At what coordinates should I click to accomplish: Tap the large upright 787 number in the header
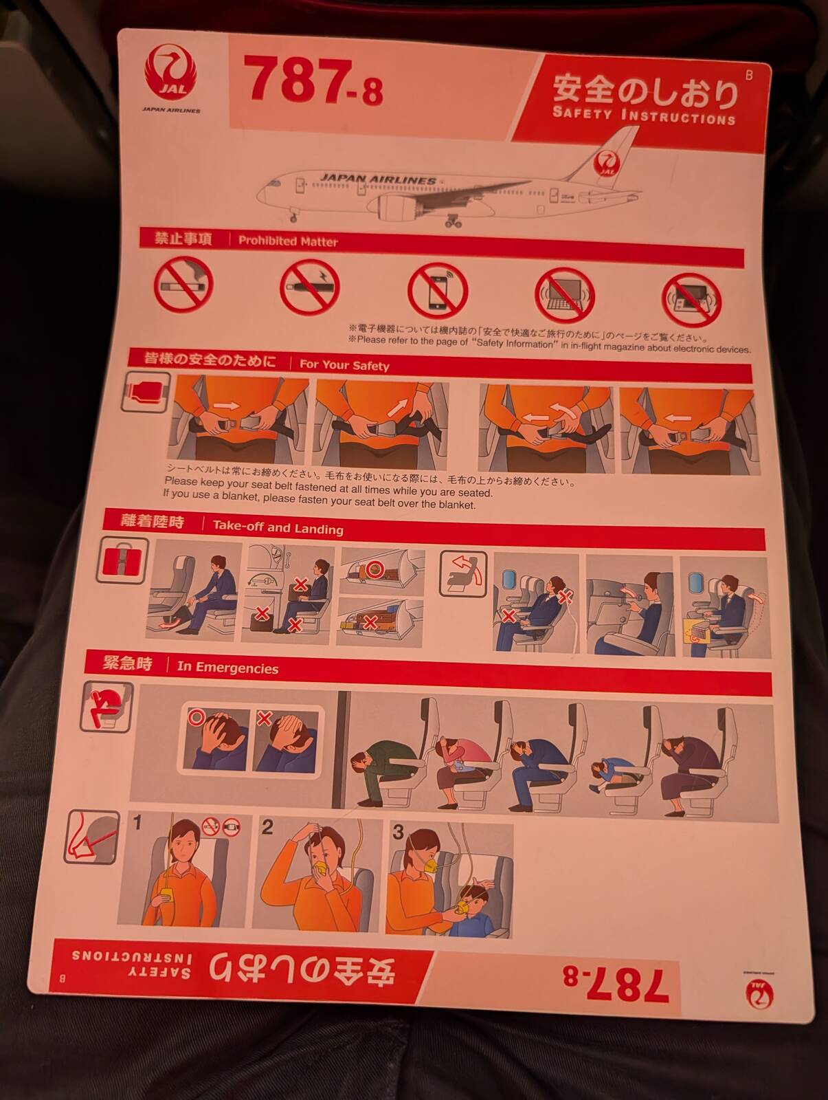pyautogui.click(x=296, y=78)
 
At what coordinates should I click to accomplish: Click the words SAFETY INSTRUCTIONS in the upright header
pyautogui.click(x=644, y=115)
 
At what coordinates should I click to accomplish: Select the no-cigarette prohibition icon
pyautogui.click(x=183, y=284)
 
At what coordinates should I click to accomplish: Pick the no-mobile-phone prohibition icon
pyautogui.click(x=437, y=291)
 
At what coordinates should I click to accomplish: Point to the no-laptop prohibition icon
pyautogui.click(x=565, y=295)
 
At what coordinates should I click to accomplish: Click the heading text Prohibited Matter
pyautogui.click(x=288, y=241)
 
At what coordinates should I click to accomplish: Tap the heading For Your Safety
pyautogui.click(x=344, y=365)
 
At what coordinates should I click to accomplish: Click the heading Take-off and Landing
pyautogui.click(x=278, y=527)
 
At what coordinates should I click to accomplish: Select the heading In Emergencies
pyautogui.click(x=227, y=668)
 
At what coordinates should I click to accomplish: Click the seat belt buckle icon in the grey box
pyautogui.click(x=145, y=392)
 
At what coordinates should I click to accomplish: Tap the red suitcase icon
pyautogui.click(x=122, y=561)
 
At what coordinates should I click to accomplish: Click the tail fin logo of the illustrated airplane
pyautogui.click(x=607, y=164)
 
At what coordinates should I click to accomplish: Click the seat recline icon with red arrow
pyautogui.click(x=463, y=574)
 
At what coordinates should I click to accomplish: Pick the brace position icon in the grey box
pyautogui.click(x=107, y=707)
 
